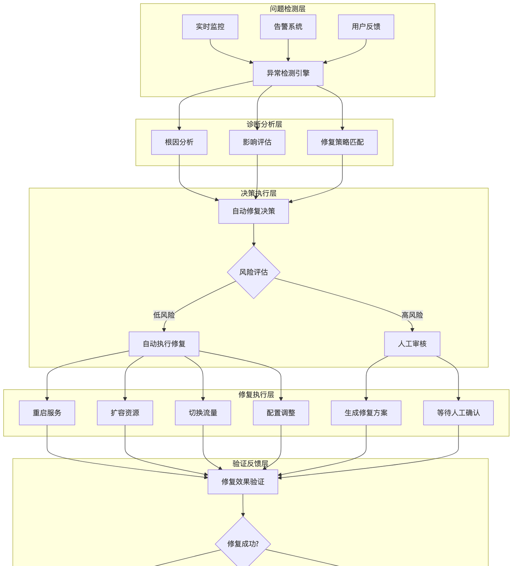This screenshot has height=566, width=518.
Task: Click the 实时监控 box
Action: [x=210, y=27]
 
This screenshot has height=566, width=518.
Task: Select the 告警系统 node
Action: [x=288, y=27]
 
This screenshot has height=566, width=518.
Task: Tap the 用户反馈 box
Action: [x=366, y=27]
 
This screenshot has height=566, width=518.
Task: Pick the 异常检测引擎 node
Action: [x=288, y=73]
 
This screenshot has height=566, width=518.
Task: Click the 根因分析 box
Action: [x=179, y=142]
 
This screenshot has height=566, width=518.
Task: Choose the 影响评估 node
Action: [x=257, y=142]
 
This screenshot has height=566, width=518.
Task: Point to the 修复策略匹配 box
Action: [x=342, y=142]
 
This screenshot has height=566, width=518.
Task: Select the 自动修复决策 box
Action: [x=254, y=211]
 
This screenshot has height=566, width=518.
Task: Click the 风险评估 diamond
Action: [x=254, y=272]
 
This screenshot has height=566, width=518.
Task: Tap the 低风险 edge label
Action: [x=164, y=315]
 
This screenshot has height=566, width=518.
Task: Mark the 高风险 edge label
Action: [x=412, y=315]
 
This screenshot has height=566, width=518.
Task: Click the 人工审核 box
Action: [x=412, y=344]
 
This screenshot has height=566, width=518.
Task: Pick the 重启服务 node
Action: [x=47, y=413]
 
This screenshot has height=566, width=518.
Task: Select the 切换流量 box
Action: [x=203, y=413]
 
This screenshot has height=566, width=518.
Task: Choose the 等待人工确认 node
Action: [x=459, y=413]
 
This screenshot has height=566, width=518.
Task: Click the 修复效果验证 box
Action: [x=243, y=482]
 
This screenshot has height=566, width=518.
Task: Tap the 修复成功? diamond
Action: [x=243, y=543]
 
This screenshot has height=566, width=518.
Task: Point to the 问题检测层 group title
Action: [x=288, y=9]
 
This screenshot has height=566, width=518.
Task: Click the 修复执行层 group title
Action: [x=256, y=394]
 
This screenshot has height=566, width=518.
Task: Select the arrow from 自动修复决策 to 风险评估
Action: [x=254, y=235]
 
